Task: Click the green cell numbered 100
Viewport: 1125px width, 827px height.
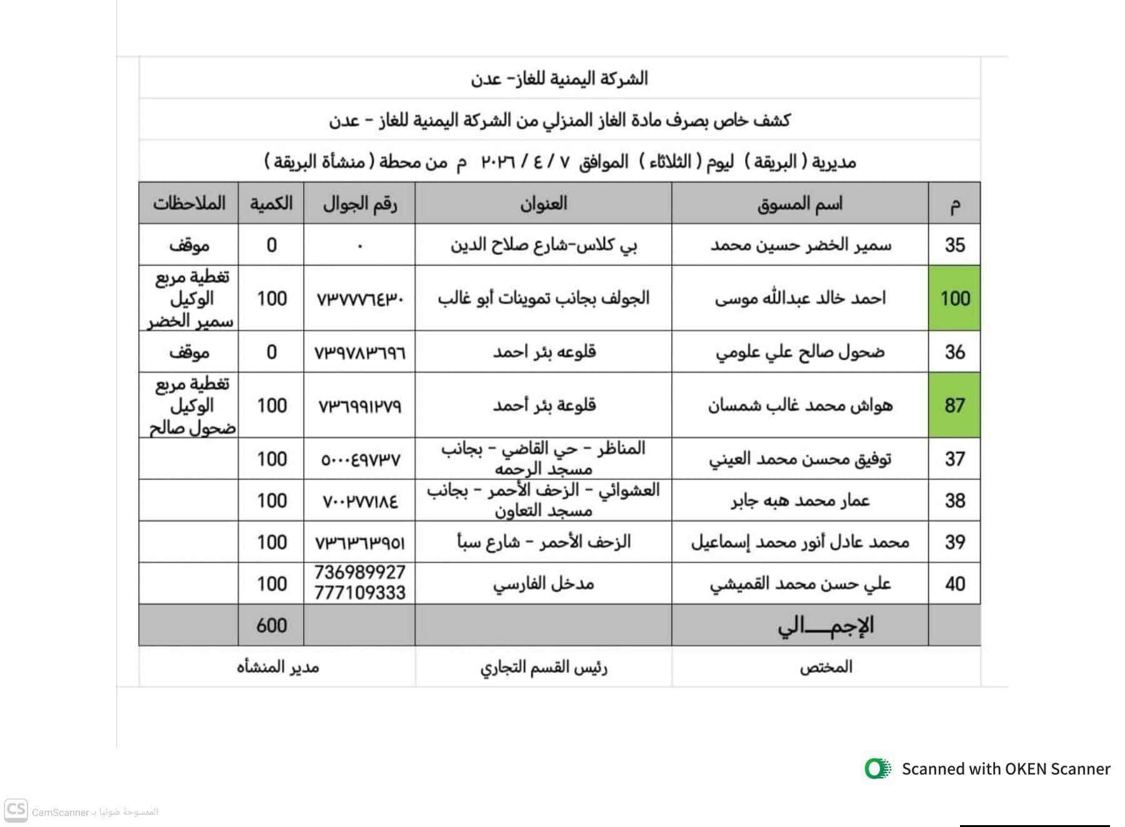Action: pyautogui.click(x=954, y=298)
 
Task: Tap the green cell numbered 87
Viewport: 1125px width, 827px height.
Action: pyautogui.click(x=954, y=405)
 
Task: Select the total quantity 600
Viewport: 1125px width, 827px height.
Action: pyautogui.click(x=271, y=625)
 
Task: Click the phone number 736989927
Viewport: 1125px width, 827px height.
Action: pyautogui.click(x=360, y=573)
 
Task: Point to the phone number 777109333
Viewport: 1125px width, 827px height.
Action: pyautogui.click(x=360, y=593)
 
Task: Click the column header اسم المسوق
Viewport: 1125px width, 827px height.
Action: pyautogui.click(x=799, y=204)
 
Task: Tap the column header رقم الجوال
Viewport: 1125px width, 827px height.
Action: pyautogui.click(x=360, y=204)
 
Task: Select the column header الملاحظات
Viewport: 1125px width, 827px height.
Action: pyautogui.click(x=189, y=204)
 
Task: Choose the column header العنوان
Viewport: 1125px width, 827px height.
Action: pyautogui.click(x=543, y=204)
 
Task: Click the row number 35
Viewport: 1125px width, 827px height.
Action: pyautogui.click(x=954, y=245)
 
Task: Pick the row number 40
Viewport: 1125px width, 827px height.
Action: pyautogui.click(x=954, y=584)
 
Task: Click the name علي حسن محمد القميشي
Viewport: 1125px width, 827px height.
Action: pyautogui.click(x=800, y=584)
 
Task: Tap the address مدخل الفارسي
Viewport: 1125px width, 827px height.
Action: pyautogui.click(x=543, y=584)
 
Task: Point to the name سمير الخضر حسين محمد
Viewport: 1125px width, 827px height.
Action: pyautogui.click(x=800, y=245)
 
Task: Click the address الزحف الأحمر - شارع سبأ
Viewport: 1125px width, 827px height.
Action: pyautogui.click(x=543, y=542)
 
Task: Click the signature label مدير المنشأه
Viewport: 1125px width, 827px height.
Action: pyautogui.click(x=277, y=667)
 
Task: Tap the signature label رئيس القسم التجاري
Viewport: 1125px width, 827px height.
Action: pyautogui.click(x=543, y=668)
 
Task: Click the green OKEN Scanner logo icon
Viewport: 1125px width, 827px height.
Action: pyautogui.click(x=877, y=768)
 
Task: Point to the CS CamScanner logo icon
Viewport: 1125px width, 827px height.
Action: pyautogui.click(x=16, y=811)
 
